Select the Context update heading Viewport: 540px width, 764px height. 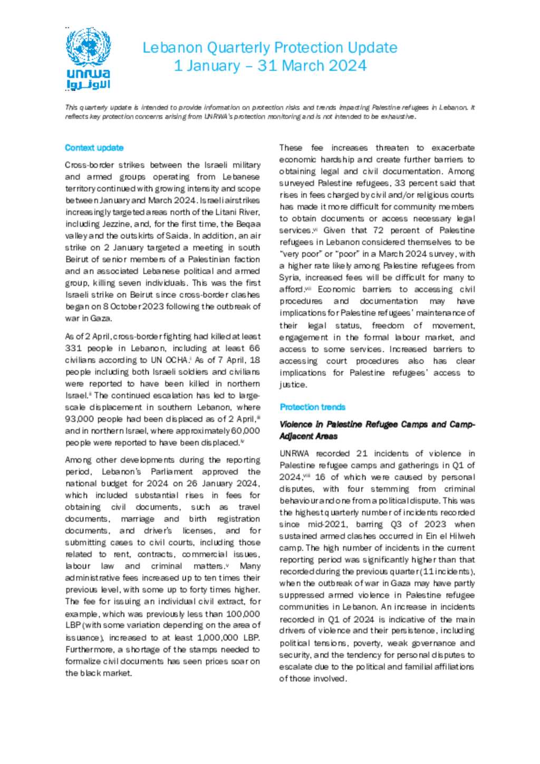click(x=94, y=148)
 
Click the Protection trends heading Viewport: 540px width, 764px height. click(x=313, y=407)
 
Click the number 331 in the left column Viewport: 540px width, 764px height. click(x=73, y=349)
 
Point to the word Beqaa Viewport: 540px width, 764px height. click(x=248, y=224)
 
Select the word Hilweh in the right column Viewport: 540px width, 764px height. click(x=461, y=536)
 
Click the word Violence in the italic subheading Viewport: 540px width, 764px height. click(x=296, y=424)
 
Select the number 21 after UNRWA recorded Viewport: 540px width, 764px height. click(x=362, y=453)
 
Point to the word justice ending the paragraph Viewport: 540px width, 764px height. click(x=292, y=385)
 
